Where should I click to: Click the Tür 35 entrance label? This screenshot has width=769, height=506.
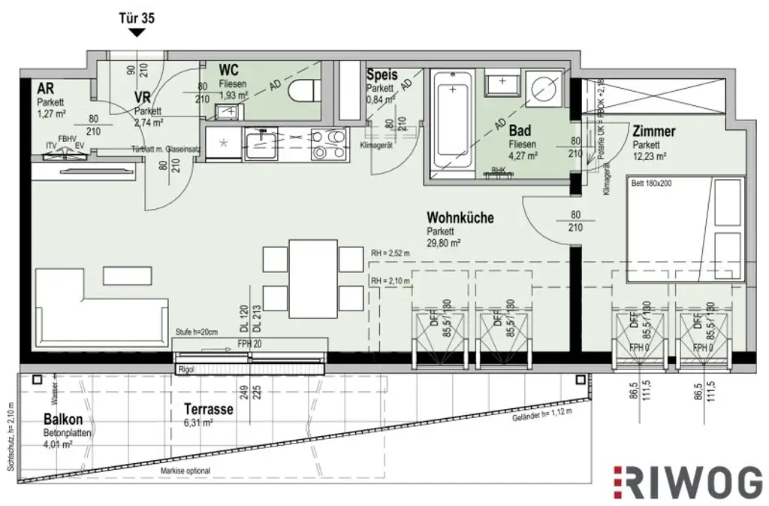click(137, 17)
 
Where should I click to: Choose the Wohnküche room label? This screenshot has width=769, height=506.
click(460, 218)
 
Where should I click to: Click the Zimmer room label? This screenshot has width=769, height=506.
click(653, 132)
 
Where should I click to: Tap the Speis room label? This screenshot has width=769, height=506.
click(381, 76)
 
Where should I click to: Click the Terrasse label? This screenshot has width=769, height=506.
click(208, 410)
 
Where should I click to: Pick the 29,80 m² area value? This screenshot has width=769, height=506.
click(443, 243)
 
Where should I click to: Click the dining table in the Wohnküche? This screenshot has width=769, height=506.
click(313, 278)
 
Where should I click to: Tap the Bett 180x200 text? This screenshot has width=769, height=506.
click(652, 183)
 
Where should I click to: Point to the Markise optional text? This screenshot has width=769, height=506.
click(185, 471)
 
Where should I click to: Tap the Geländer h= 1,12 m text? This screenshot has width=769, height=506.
click(541, 415)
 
